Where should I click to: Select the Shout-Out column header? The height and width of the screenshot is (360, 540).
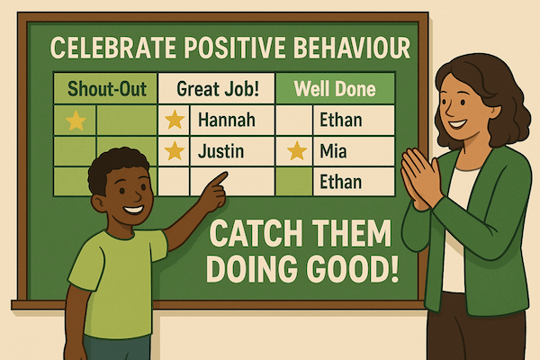pos(104,90)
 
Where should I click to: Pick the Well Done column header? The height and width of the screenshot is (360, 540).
pos(335,90)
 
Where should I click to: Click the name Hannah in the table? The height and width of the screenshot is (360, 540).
pos(225,119)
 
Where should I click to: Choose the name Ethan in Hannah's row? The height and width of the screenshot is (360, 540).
pos(340,119)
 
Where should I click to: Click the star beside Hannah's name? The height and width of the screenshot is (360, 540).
pos(175,119)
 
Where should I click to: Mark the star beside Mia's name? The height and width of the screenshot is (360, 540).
pos(295,151)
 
